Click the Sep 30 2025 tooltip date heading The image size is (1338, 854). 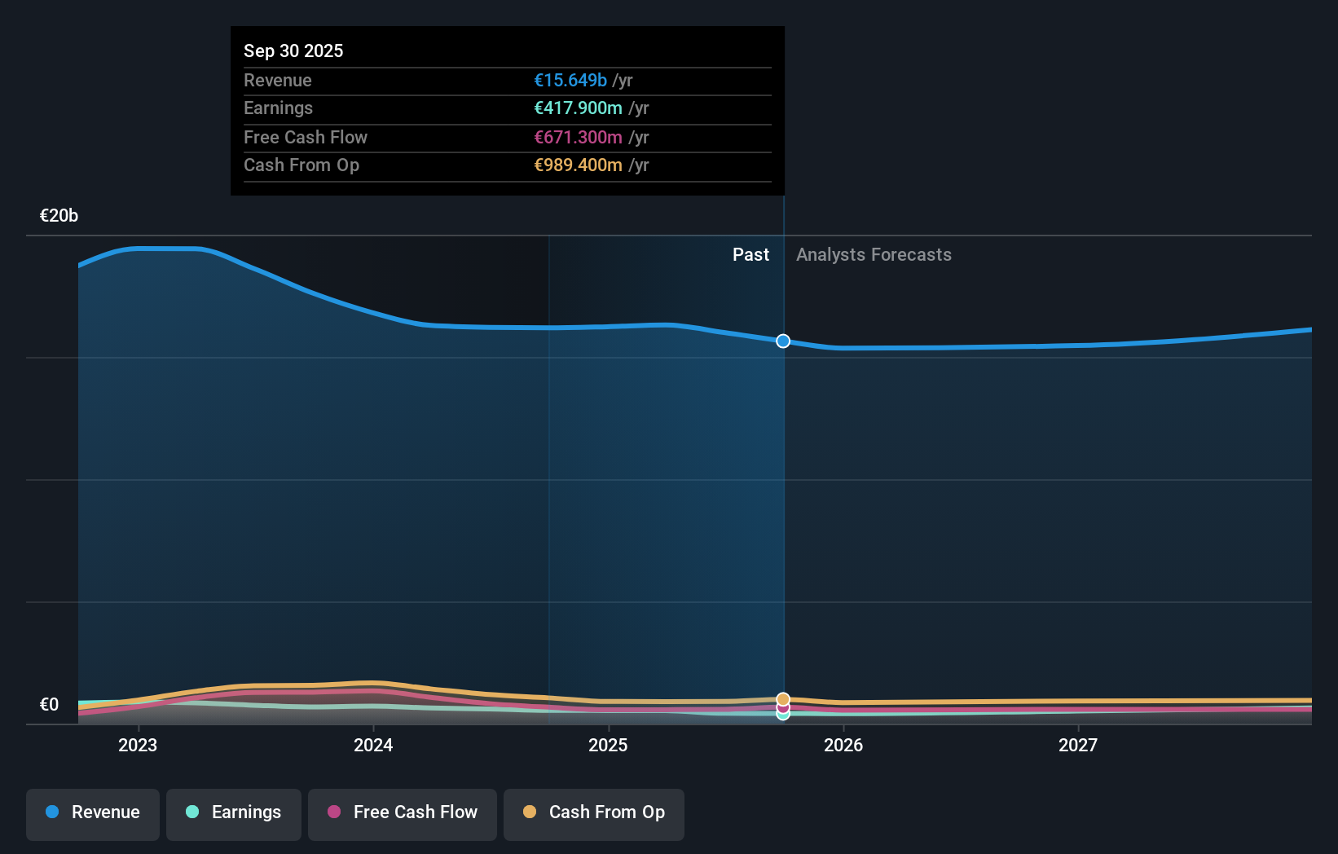click(x=293, y=51)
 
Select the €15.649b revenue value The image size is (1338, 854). click(x=570, y=80)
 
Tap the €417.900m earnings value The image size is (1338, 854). click(x=578, y=108)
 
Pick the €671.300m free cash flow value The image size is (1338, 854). click(x=578, y=137)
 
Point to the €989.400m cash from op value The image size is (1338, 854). click(x=578, y=165)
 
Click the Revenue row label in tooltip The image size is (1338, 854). click(x=277, y=80)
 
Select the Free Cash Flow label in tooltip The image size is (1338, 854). click(x=305, y=137)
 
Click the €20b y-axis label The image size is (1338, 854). click(x=59, y=215)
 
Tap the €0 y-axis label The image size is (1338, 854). click(x=49, y=704)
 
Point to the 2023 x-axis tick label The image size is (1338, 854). click(x=137, y=745)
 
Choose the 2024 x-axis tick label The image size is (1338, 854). click(x=372, y=745)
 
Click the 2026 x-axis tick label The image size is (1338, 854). click(x=843, y=745)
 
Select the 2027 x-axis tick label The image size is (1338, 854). click(x=1077, y=745)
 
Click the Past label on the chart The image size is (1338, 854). click(x=750, y=254)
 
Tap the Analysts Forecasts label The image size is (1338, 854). click(x=873, y=254)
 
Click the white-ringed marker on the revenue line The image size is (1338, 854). click(x=783, y=341)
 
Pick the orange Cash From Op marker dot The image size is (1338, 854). click(x=783, y=699)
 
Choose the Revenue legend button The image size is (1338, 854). click(x=93, y=812)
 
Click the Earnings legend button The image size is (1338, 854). click(x=234, y=812)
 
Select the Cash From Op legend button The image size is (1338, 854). click(x=594, y=812)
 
